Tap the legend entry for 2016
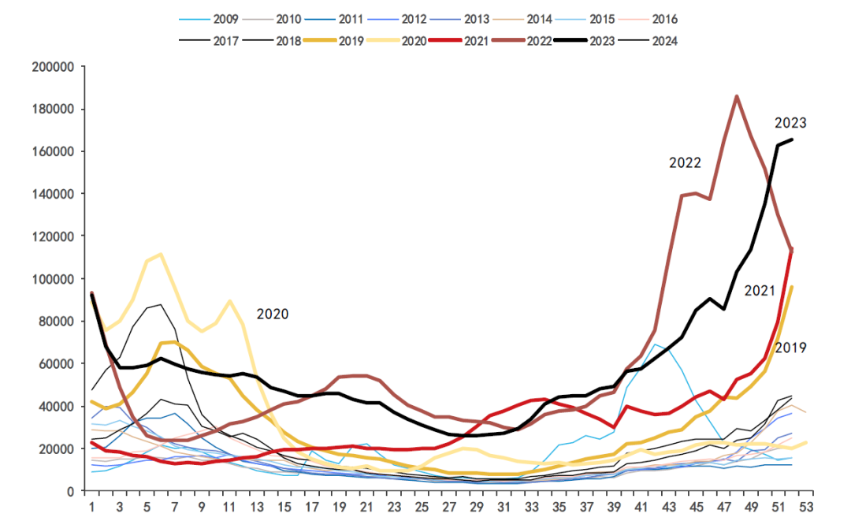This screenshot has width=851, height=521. tap(664, 19)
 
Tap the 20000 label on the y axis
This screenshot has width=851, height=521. tap(57, 449)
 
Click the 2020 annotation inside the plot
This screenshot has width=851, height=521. tap(273, 314)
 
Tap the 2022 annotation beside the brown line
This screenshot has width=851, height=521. tap(686, 163)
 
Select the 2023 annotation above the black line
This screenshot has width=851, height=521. tap(790, 123)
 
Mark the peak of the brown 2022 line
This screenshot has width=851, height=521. tap(736, 97)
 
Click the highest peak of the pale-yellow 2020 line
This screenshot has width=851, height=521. tap(161, 254)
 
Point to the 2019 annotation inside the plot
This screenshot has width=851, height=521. tap(790, 348)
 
